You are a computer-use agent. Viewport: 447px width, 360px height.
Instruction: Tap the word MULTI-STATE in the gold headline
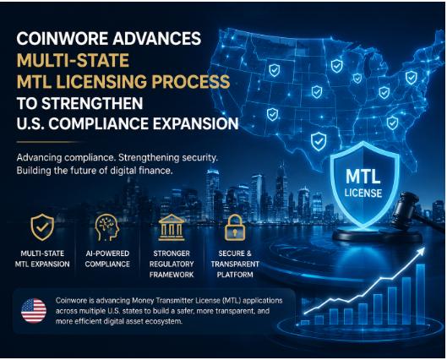coord(73,60)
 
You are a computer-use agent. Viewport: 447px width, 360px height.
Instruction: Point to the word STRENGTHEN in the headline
coord(92,103)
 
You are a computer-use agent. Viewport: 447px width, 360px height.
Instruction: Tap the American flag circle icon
coord(34,311)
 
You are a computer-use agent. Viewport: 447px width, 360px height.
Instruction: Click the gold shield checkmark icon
coord(42,227)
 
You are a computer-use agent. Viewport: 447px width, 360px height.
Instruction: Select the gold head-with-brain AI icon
coord(107,227)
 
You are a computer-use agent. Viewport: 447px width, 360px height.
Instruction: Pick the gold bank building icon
coord(172,227)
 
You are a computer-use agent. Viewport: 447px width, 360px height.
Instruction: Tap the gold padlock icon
coord(235,227)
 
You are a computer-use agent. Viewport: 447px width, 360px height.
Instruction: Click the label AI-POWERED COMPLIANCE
coord(107,259)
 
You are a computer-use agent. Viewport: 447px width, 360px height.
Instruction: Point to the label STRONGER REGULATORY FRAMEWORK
coord(172,264)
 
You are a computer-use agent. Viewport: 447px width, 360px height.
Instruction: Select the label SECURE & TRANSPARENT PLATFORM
coord(235,264)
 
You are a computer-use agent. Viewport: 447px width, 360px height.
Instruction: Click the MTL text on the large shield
coord(363,177)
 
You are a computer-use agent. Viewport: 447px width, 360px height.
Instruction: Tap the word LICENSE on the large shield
coord(363,194)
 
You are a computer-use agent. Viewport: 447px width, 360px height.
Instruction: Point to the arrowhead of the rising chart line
coord(421,252)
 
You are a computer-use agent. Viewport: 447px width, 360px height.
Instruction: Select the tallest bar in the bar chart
coord(421,294)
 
